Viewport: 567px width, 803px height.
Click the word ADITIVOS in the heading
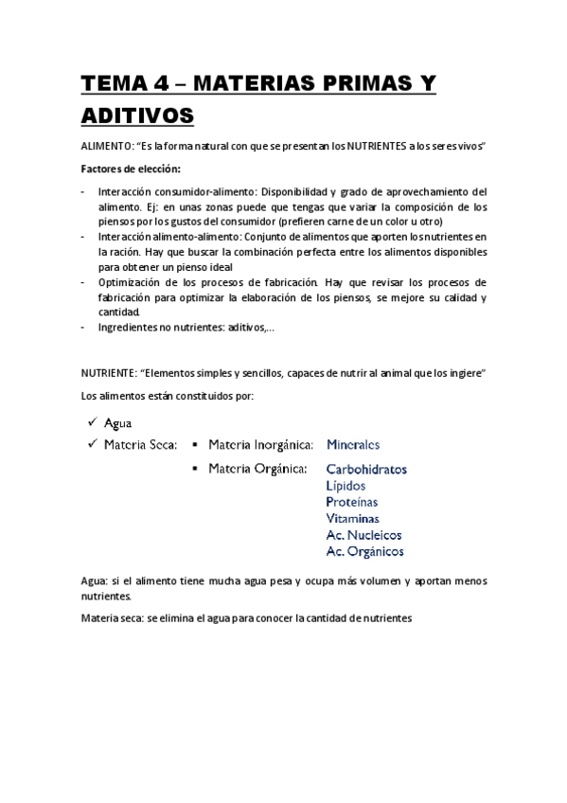tap(138, 116)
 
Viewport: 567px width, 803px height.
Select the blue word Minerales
tap(352, 443)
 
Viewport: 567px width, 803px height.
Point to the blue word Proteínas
tap(351, 502)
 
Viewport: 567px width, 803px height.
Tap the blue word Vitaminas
tap(352, 518)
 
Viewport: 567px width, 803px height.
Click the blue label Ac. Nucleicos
tap(363, 534)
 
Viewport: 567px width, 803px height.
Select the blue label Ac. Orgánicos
tap(364, 550)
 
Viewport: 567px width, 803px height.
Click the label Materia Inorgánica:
tap(258, 443)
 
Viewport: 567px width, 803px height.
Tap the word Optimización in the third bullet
tap(129, 282)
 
